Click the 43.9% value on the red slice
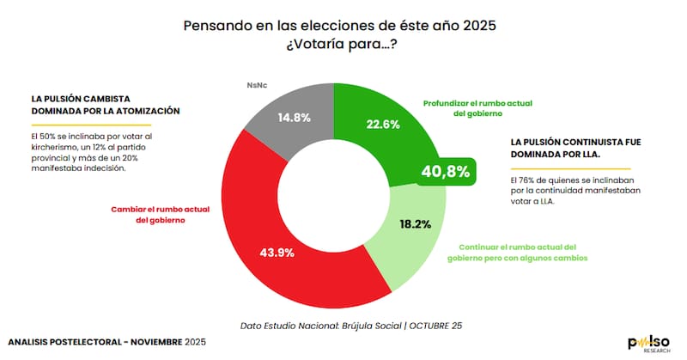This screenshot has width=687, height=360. pos(278,253)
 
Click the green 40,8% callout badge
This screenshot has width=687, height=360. pos(446,171)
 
